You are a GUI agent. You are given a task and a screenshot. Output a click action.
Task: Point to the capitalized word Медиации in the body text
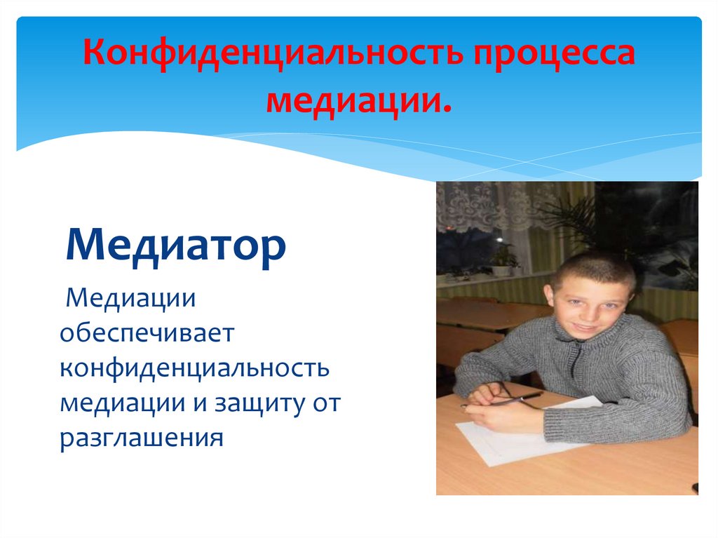[130, 300]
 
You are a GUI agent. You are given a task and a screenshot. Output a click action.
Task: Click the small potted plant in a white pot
[502, 261]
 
